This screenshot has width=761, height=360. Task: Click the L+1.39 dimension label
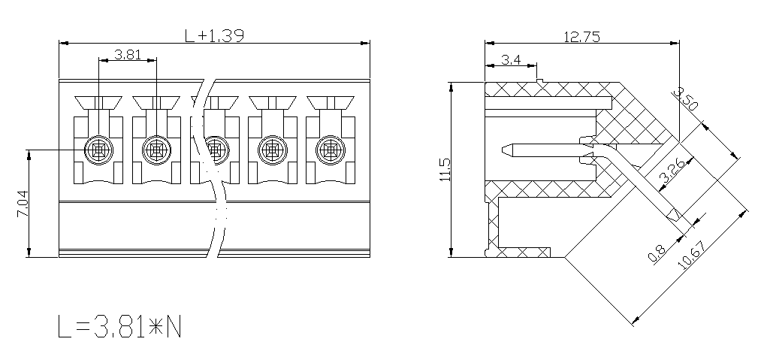coord(215,35)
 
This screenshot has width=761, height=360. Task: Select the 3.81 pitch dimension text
coord(128,54)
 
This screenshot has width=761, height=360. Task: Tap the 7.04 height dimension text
coord(23,204)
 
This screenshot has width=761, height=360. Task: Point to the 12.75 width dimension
coord(581,36)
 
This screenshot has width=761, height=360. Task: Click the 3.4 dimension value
coord(511,60)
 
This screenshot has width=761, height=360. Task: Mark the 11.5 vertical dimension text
coord(445,170)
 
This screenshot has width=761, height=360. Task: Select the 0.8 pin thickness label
coord(657,253)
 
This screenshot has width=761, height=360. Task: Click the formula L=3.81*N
coord(119,326)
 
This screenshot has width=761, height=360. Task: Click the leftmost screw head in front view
coord(98,150)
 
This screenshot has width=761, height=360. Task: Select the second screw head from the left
coord(157,150)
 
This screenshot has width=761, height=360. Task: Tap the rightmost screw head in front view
coord(331,150)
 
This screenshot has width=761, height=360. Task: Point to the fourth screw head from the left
coord(273,150)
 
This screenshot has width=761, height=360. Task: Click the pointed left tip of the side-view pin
coord(503,150)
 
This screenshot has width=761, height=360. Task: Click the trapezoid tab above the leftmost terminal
coord(98,102)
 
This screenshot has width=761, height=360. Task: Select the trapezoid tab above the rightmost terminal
coord(331,102)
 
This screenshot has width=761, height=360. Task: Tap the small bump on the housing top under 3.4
coord(539,80)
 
